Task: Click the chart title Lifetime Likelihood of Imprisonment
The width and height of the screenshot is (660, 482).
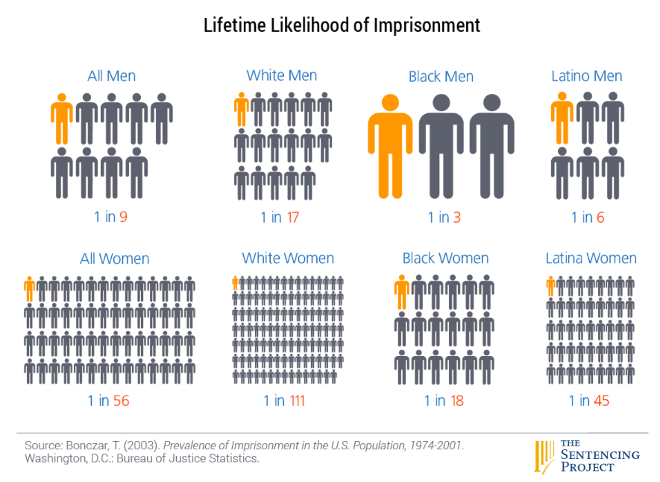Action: [x=342, y=25]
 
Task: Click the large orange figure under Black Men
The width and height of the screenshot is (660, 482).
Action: [x=390, y=145]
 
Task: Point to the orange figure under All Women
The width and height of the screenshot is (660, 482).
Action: [x=29, y=288]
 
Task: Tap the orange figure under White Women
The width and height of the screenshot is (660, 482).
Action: [x=235, y=282]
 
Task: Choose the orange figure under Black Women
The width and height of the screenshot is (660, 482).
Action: [x=402, y=291]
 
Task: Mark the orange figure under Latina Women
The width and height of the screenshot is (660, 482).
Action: [x=550, y=286]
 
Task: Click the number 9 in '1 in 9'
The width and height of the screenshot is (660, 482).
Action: [x=122, y=218]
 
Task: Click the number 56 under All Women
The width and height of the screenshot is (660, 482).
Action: [x=121, y=401]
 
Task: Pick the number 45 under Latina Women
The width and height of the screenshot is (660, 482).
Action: [x=601, y=401]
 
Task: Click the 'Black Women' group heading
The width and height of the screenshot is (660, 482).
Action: [x=445, y=259]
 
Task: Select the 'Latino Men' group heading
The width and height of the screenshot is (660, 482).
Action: [x=586, y=76]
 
